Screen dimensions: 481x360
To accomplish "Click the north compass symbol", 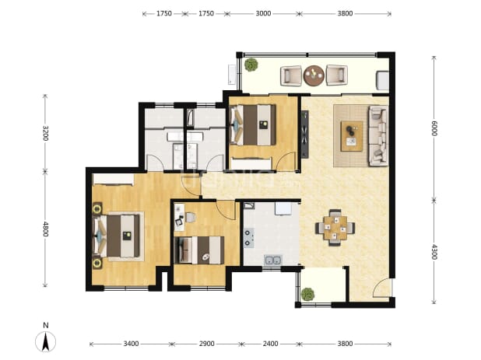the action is [x=45, y=341].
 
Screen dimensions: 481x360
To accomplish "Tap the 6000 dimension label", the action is [x=434, y=128].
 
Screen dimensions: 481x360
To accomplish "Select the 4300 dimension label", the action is [x=434, y=252].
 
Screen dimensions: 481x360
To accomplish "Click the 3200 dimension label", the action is [x=45, y=133].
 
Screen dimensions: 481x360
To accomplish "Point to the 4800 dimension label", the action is [x=45, y=229].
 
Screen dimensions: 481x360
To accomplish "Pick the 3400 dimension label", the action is [x=131, y=344].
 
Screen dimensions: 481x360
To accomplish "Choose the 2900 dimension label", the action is [x=206, y=344].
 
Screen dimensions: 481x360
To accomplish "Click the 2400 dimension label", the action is [x=270, y=344].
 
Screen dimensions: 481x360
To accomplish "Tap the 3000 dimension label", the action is [x=263, y=13].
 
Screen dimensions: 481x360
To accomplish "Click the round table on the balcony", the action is [x=314, y=75].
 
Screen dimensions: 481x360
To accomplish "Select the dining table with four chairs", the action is [x=335, y=227].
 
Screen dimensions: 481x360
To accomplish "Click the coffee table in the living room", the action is [x=352, y=136].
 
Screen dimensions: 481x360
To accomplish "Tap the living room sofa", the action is [x=378, y=136].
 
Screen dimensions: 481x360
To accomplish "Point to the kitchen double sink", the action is [x=272, y=260].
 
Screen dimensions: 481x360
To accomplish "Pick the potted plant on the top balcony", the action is [x=251, y=65].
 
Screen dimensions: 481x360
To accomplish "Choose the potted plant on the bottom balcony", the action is [x=308, y=295].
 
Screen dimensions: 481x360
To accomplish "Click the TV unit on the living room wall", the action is [x=304, y=135].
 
